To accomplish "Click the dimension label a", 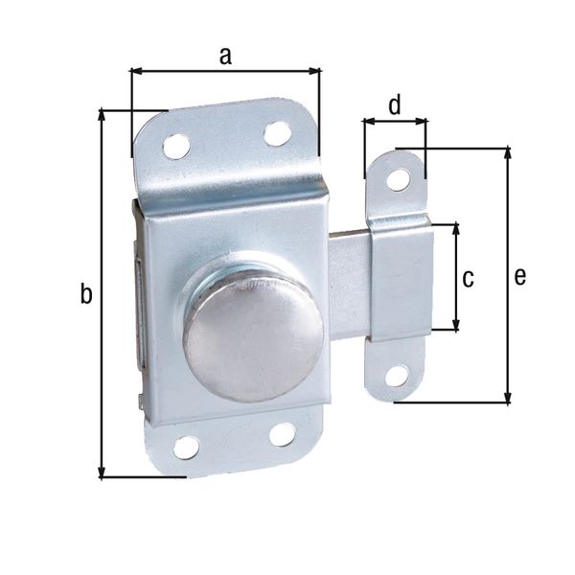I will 225,56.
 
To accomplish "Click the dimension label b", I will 86,295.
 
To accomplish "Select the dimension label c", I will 468,279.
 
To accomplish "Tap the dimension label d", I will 395,104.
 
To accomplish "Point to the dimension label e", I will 519,277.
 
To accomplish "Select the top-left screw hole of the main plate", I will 175,146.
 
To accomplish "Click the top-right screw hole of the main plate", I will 278,133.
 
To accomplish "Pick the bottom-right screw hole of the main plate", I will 282,434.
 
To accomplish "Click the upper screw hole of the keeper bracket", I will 398,178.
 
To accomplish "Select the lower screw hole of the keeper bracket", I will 396,375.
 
